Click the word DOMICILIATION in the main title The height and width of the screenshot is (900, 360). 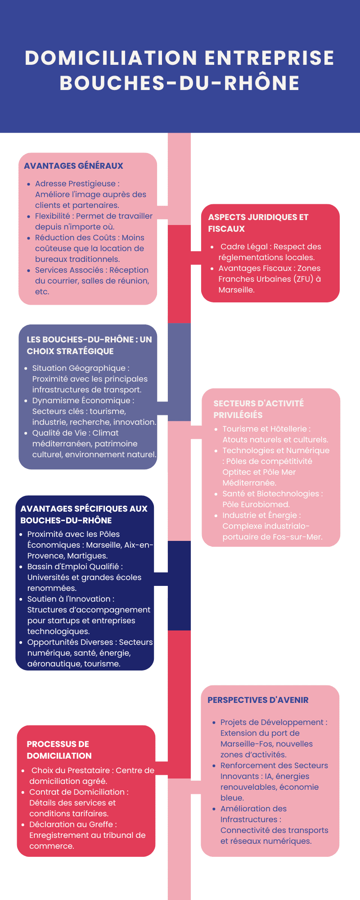point(111,58)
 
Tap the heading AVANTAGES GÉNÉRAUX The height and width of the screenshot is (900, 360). point(73,166)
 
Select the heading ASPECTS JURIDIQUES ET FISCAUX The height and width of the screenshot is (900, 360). point(258,223)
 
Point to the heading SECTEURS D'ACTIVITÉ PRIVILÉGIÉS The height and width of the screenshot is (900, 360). point(258,409)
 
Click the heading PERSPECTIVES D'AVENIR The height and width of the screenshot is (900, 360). point(258,700)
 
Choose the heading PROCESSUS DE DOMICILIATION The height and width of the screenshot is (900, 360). point(59,750)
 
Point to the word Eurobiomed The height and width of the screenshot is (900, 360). point(265,504)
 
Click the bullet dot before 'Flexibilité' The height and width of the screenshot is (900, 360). point(29,216)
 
